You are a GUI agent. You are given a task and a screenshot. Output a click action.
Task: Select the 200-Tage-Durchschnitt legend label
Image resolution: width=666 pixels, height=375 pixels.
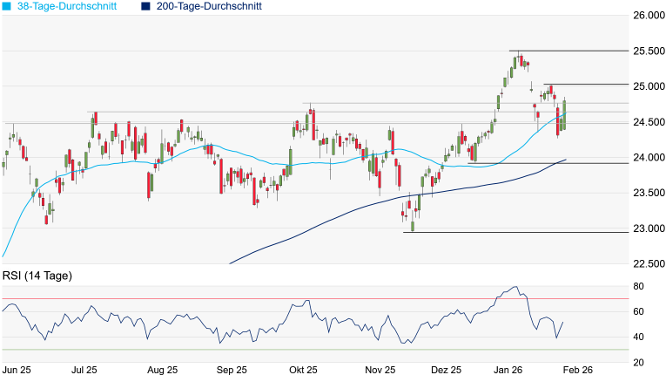click(209, 6)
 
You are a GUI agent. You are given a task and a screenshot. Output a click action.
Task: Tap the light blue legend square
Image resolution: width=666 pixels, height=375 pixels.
click(6, 6)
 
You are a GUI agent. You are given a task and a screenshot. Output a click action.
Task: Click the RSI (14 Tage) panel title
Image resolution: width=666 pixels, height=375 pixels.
click(37, 276)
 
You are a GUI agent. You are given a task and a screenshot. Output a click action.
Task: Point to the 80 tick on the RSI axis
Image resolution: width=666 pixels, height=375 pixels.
click(639, 287)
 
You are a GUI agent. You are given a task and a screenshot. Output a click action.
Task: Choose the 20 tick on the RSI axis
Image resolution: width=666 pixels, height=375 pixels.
click(639, 362)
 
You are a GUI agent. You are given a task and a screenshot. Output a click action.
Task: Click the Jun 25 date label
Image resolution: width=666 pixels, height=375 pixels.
click(17, 370)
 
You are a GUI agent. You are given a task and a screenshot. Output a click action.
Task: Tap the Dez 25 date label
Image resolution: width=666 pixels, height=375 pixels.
click(445, 370)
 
